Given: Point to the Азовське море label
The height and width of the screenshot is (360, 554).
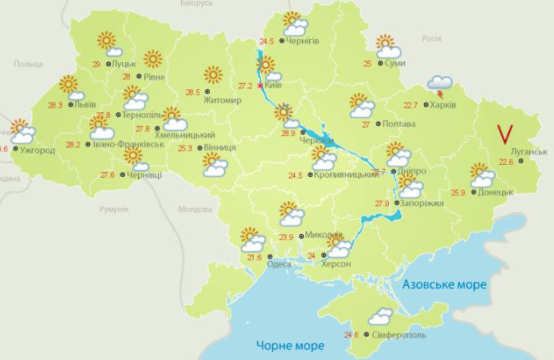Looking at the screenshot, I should pos(444,284).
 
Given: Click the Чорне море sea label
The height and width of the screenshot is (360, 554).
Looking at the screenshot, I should pos(290,346).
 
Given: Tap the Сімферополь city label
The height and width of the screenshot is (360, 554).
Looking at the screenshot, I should pos(399,335).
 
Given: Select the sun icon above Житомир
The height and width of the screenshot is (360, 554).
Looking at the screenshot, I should pos(213,75).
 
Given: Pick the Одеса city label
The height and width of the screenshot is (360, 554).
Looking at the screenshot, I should pos(279,264).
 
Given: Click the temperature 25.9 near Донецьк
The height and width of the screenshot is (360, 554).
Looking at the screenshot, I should pos(458,193).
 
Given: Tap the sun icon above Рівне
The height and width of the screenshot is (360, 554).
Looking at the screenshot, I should pos(153,58).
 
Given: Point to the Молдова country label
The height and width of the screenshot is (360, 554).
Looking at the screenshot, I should pos(194,209).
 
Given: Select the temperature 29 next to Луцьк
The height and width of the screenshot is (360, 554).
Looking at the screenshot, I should pos(97,64).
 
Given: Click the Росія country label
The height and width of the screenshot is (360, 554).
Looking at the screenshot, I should pos(430,38).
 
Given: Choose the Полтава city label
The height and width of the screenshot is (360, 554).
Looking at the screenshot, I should pos(399,124).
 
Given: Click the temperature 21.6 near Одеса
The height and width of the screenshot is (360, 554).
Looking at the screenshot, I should pos(254,257).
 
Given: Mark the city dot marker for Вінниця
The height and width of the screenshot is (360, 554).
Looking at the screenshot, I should pos(198,147).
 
